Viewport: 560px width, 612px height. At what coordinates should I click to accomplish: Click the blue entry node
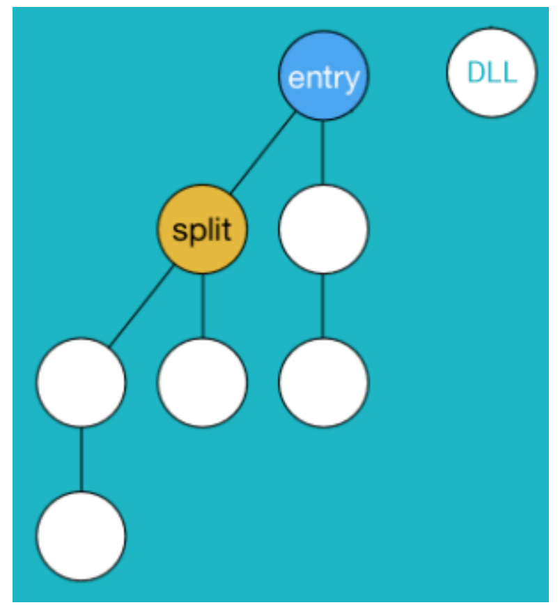pyautogui.click(x=323, y=75)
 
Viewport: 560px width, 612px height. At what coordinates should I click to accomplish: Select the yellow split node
pyautogui.click(x=202, y=229)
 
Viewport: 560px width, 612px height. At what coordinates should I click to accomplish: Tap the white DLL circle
pyautogui.click(x=492, y=72)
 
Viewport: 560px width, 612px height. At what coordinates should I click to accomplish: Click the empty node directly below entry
pyautogui.click(x=323, y=229)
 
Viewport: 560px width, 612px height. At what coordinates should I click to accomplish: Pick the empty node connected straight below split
pyautogui.click(x=202, y=383)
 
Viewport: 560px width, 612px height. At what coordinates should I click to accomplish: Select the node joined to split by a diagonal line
pyautogui.click(x=81, y=383)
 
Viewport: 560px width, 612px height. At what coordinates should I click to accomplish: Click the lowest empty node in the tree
pyautogui.click(x=81, y=536)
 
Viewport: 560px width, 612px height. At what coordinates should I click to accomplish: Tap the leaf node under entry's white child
pyautogui.click(x=323, y=383)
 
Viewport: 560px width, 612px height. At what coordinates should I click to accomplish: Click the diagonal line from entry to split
pyautogui.click(x=263, y=153)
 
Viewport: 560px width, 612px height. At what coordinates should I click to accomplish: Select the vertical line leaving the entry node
pyautogui.click(x=323, y=153)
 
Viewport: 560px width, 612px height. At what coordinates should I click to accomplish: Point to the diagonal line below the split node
pyautogui.click(x=141, y=306)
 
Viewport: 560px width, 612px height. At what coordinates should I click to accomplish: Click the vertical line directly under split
pyautogui.click(x=202, y=306)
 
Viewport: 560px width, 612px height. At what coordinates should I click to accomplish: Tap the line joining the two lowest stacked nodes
pyautogui.click(x=81, y=459)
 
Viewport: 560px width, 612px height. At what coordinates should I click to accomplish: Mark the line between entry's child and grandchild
pyautogui.click(x=323, y=306)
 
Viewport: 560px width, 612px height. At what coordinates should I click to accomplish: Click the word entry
pyautogui.click(x=323, y=78)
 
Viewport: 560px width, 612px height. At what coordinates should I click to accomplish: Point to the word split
pyautogui.click(x=202, y=231)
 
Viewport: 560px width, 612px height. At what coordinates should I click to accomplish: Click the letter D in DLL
pyautogui.click(x=476, y=72)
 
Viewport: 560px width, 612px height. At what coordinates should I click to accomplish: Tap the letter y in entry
pyautogui.click(x=352, y=81)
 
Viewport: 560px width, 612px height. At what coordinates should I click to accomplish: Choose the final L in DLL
pyautogui.click(x=509, y=72)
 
